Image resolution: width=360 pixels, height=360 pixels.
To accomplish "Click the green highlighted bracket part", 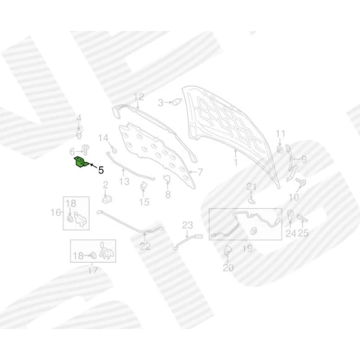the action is [x=81, y=162].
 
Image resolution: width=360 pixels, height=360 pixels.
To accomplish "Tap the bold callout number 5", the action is [x=101, y=170].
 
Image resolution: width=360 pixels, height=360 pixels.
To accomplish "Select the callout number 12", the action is [x=139, y=97].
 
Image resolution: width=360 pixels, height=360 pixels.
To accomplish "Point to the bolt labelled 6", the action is [x=85, y=150].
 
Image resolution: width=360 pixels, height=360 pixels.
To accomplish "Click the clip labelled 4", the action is [x=79, y=135].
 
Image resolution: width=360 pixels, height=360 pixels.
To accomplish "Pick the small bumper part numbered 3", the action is [x=177, y=102].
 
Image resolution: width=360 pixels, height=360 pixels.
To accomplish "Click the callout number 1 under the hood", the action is [x=235, y=162].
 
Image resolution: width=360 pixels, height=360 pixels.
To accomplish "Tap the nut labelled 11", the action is [x=279, y=150].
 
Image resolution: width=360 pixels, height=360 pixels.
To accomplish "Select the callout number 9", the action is [x=304, y=159].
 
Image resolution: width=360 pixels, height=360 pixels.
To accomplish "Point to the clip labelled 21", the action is [x=251, y=200].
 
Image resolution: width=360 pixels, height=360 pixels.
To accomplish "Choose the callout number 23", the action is [x=187, y=225].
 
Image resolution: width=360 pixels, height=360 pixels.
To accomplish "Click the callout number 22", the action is [x=145, y=246].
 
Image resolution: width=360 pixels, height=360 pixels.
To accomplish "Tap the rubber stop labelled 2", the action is [x=107, y=199].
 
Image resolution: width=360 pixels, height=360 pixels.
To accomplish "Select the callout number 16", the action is [x=56, y=212].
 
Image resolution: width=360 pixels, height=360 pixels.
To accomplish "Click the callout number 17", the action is [x=93, y=270].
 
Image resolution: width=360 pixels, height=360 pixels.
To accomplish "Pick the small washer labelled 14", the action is [x=114, y=150].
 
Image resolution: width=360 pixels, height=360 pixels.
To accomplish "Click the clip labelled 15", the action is [x=143, y=186].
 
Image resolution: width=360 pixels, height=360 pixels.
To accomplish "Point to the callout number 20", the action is [x=228, y=267].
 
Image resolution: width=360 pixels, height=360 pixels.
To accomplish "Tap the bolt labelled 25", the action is [x=302, y=218].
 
